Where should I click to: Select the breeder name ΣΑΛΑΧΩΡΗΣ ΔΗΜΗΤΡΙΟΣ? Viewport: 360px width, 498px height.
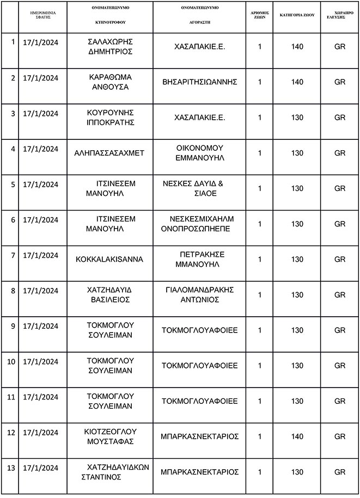(x=111, y=47)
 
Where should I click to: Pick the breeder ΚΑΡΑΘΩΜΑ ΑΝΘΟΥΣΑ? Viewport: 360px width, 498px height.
(x=111, y=82)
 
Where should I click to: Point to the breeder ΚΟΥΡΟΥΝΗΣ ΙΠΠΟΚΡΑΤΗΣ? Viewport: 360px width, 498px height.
(x=111, y=117)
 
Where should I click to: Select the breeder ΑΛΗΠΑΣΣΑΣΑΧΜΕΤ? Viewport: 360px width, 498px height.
(x=109, y=153)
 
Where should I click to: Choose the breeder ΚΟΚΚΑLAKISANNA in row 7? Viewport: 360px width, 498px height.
(x=109, y=259)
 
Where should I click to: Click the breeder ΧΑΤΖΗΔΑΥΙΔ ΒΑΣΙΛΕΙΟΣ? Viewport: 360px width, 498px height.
(x=111, y=294)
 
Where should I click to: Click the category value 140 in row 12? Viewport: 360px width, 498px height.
(x=297, y=436)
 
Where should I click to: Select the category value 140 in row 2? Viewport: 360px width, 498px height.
(x=297, y=82)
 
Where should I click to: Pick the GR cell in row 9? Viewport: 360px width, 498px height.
(x=340, y=330)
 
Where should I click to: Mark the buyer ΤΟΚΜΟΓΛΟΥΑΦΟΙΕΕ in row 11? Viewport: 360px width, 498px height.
(x=200, y=401)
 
